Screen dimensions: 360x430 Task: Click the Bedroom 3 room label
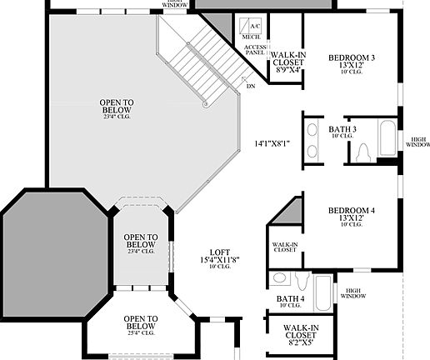pyautogui.click(x=351, y=57)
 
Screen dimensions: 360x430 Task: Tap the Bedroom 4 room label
pyautogui.click(x=351, y=211)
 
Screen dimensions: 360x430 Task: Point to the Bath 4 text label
pyautogui.click(x=291, y=298)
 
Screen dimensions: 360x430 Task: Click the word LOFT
pyautogui.click(x=219, y=252)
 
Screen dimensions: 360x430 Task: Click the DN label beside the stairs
pyautogui.click(x=250, y=85)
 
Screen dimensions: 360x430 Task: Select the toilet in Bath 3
pyautogui.click(x=363, y=152)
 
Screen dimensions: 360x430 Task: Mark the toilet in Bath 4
pyautogui.click(x=281, y=278)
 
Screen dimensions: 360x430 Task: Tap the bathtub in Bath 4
pyautogui.click(x=324, y=283)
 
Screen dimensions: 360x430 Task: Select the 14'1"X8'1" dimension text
pyautogui.click(x=272, y=143)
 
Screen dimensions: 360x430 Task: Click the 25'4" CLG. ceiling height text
pyautogui.click(x=140, y=332)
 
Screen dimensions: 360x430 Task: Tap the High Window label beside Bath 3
pyautogui.click(x=417, y=142)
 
